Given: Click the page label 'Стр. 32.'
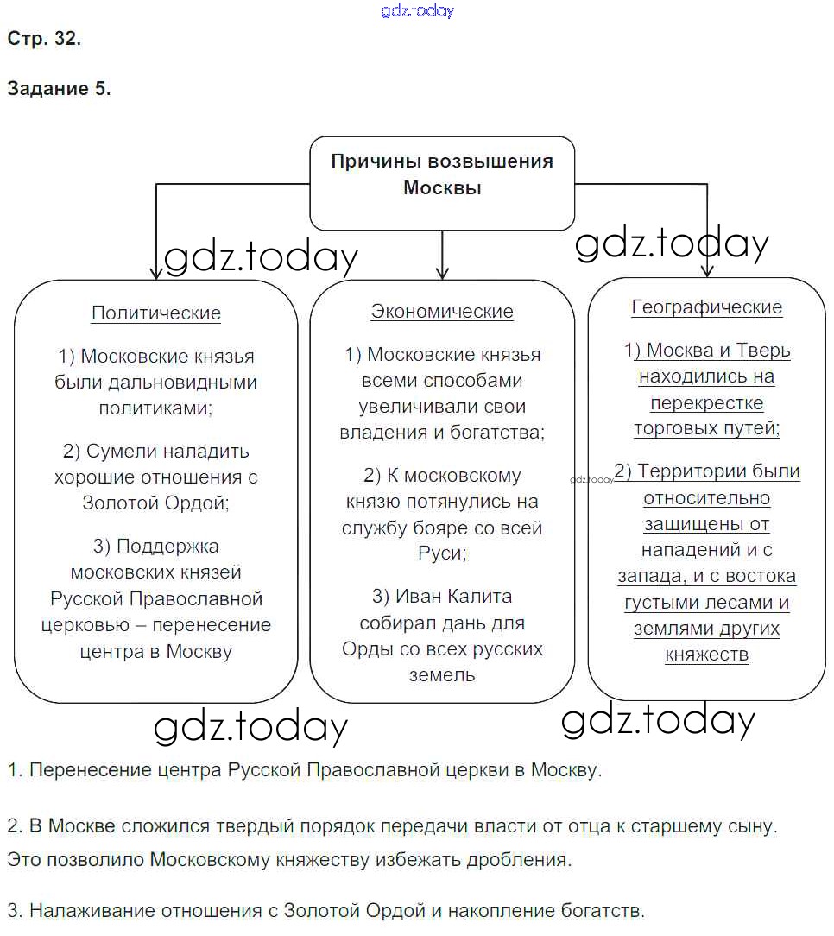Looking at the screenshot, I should tap(44, 39).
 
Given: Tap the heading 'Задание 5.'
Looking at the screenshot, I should tap(59, 88).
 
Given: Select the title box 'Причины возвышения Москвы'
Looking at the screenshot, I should tap(442, 175).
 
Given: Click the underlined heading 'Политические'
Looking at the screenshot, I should tap(156, 313).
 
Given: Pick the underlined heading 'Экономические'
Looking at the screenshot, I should tap(442, 312).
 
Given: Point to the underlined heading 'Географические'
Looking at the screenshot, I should tap(707, 307).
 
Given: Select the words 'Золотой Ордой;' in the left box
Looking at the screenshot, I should tap(156, 502).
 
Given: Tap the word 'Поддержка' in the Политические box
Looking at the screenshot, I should tap(167, 547).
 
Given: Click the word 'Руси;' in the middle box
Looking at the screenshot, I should tap(442, 553).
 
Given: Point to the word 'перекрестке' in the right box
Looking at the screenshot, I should tap(707, 403).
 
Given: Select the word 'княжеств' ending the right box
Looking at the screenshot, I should tap(707, 655).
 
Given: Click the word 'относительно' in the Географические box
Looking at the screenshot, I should tap(707, 498).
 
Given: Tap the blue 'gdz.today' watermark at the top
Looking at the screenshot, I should tap(417, 10).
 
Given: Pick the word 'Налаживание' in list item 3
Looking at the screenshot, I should tap(85, 910).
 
